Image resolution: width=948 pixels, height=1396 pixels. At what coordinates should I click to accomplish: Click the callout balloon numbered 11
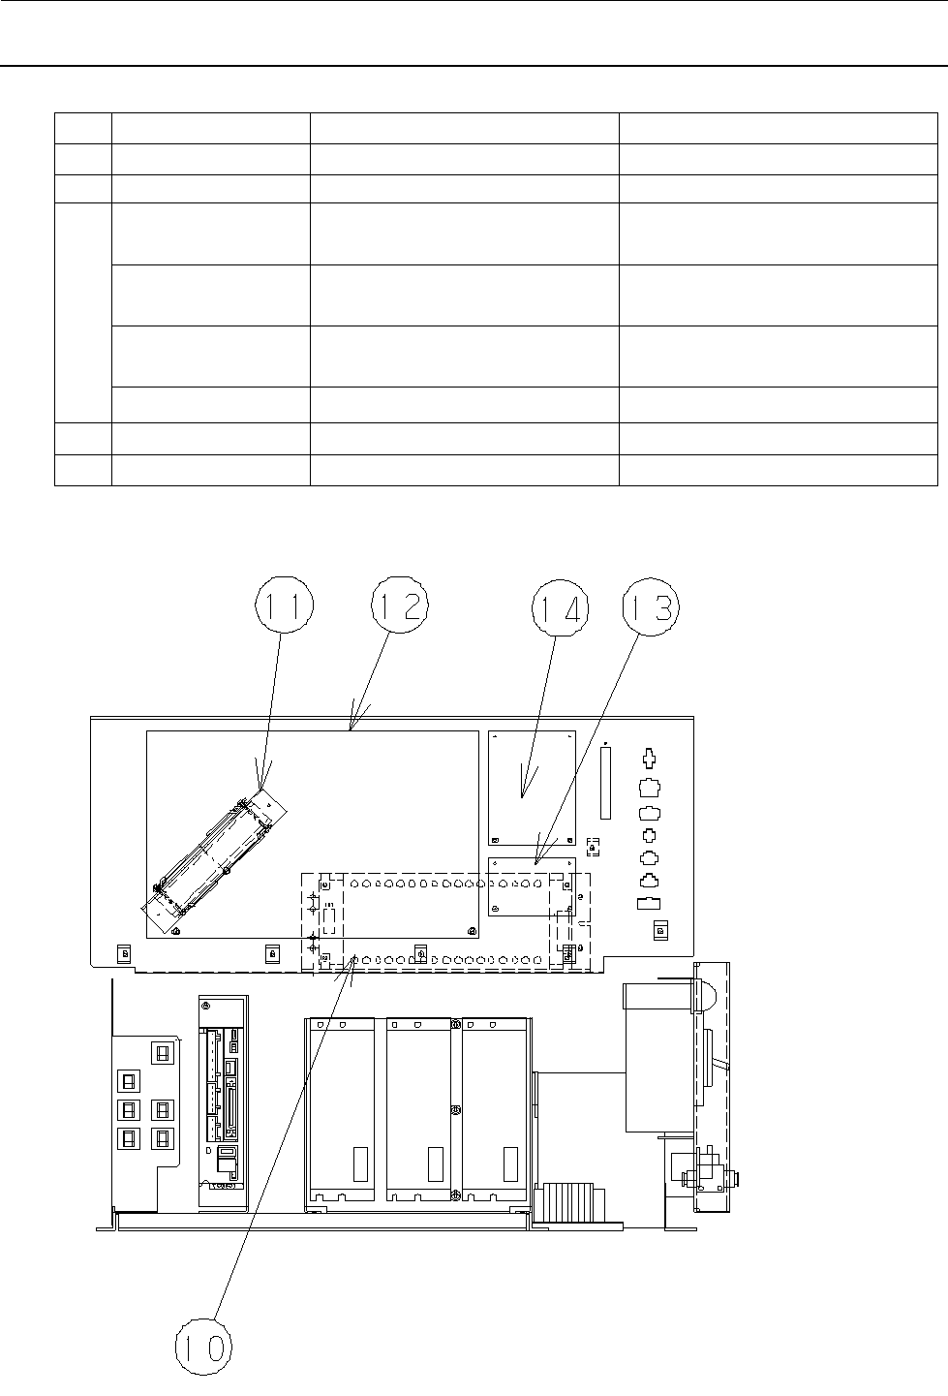tap(285, 604)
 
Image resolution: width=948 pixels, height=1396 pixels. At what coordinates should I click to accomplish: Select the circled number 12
tap(400, 605)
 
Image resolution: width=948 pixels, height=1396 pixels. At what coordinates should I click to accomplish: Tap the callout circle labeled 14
tap(561, 608)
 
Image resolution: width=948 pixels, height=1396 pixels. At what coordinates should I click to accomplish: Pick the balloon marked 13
tap(651, 607)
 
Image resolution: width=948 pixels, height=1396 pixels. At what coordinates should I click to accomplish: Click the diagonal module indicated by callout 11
tap(214, 860)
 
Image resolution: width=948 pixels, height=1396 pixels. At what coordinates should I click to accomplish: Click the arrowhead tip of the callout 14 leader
tap(522, 797)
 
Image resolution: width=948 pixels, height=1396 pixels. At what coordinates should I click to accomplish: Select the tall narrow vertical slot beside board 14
tap(605, 784)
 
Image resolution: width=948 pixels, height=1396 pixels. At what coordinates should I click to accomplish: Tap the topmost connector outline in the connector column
tap(649, 759)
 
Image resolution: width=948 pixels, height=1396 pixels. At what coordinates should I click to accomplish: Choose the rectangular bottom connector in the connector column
tap(649, 904)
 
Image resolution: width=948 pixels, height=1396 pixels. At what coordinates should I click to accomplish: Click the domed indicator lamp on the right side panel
tap(706, 996)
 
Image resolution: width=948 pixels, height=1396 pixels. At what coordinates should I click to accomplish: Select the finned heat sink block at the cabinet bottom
tap(570, 1202)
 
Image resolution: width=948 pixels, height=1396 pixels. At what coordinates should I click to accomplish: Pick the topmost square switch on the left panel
tap(162, 1053)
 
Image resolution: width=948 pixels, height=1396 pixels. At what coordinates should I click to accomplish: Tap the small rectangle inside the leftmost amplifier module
tap(360, 1164)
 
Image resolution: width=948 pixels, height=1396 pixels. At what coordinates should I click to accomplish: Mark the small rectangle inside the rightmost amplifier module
tap(510, 1164)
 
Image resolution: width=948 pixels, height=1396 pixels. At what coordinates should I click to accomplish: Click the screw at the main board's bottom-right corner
tap(471, 931)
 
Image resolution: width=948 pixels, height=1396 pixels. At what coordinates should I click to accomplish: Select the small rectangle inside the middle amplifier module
tap(436, 1164)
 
